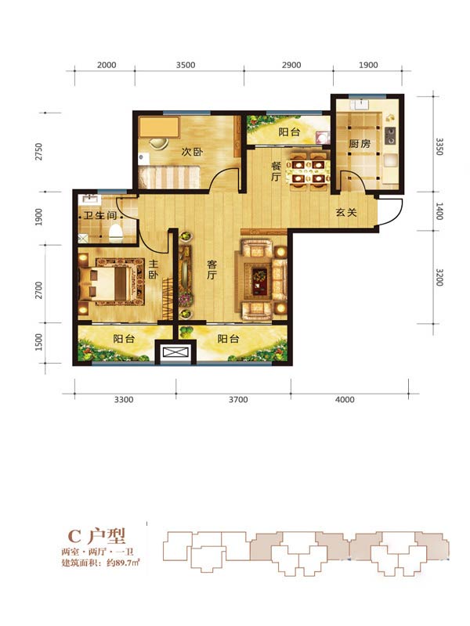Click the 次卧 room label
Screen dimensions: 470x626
[192, 152]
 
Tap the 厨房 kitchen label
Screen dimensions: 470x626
[360, 143]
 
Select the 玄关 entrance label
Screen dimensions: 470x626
[346, 212]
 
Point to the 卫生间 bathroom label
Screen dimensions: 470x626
[100, 216]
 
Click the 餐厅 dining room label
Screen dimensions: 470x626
[276, 171]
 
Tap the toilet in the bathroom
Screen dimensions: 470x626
[115, 233]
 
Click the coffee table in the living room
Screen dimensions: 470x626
[260, 277]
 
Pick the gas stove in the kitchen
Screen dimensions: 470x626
[389, 135]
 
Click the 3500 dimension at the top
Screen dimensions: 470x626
[186, 65]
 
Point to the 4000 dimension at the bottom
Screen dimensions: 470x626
[345, 400]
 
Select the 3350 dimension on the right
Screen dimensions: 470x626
[439, 146]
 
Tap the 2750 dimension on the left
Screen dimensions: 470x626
[38, 152]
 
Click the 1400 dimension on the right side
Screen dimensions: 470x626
[439, 211]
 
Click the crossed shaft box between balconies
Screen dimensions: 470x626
[175, 353]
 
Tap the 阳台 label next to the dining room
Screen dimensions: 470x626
[289, 132]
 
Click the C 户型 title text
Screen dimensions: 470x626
[96, 535]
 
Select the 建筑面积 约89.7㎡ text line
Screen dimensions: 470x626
[100, 563]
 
